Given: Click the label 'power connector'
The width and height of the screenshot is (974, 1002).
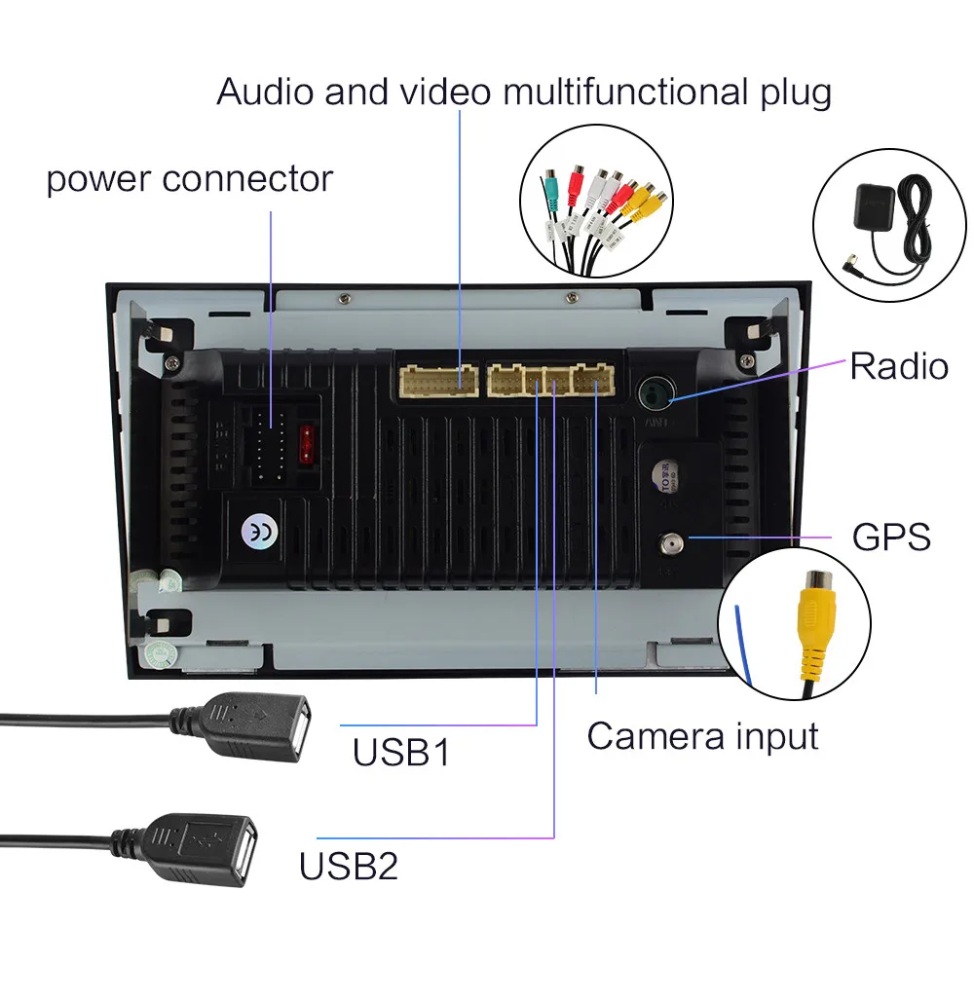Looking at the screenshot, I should point(190,179).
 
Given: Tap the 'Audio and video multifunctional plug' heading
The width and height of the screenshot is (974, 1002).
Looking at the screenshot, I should point(523,93).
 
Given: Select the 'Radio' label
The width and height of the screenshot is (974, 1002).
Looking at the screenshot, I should point(898,366).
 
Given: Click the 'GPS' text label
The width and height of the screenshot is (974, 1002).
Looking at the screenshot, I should point(891,537).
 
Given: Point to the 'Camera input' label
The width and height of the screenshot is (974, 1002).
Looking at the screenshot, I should point(702,736).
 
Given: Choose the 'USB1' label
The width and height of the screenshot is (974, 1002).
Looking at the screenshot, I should point(401,753).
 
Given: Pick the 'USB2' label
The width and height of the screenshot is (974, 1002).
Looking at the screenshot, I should point(349,865).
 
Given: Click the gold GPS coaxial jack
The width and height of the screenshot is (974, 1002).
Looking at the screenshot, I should point(671,539).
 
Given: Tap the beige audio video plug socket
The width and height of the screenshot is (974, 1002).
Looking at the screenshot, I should point(437,380).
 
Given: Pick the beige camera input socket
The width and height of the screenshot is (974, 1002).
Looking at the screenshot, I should point(593,380).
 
